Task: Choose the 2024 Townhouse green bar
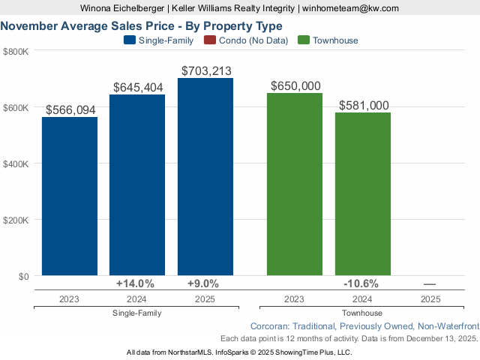363,194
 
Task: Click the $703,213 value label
206,70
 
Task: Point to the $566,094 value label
70,109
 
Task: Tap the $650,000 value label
295,85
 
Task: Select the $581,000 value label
364,106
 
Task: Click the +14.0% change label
136,283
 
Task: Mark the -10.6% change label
361,283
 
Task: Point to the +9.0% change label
202,283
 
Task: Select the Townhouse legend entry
328,40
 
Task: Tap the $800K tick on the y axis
16,51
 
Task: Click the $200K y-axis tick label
16,220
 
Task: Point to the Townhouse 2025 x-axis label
430,298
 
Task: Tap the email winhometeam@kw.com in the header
350,8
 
